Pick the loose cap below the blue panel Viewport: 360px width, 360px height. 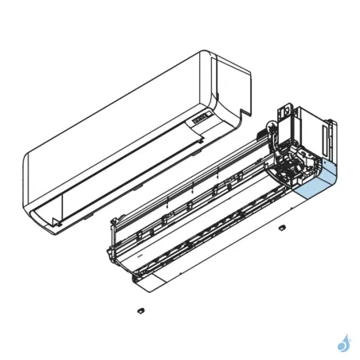[x=281, y=229]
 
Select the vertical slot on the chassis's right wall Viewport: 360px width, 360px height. [x=326, y=135]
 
